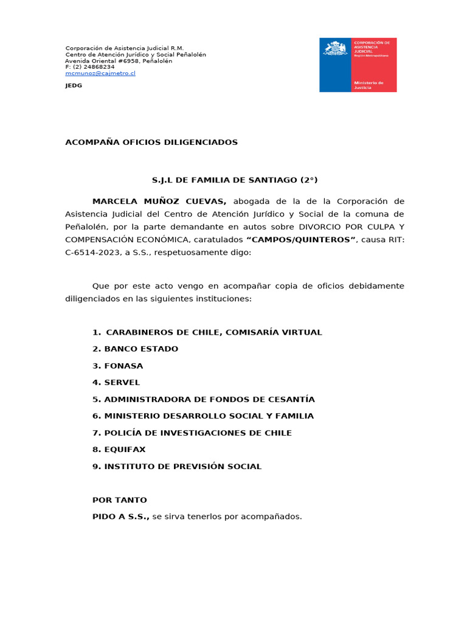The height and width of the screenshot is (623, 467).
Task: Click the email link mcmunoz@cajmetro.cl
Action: point(100,73)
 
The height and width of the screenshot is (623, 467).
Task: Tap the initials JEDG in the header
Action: point(74,86)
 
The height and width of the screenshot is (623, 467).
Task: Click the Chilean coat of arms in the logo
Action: point(336,49)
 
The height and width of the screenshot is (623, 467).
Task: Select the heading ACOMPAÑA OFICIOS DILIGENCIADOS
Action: point(151,142)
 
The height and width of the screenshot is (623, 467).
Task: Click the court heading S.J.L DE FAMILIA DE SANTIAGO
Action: point(234,180)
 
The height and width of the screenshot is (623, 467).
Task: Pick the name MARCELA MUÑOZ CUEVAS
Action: point(159,201)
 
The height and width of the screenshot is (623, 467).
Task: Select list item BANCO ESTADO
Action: point(141,349)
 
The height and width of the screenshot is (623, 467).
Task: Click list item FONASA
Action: point(123,366)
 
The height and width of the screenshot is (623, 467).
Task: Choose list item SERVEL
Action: point(122,383)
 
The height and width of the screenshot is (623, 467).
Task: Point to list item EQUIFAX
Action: point(125,450)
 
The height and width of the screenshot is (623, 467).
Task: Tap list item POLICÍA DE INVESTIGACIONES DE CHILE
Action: point(198,433)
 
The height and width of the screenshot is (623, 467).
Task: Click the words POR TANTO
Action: point(120,500)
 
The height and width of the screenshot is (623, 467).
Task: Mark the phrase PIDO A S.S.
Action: point(120,517)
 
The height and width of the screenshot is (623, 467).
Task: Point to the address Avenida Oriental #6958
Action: point(101,61)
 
